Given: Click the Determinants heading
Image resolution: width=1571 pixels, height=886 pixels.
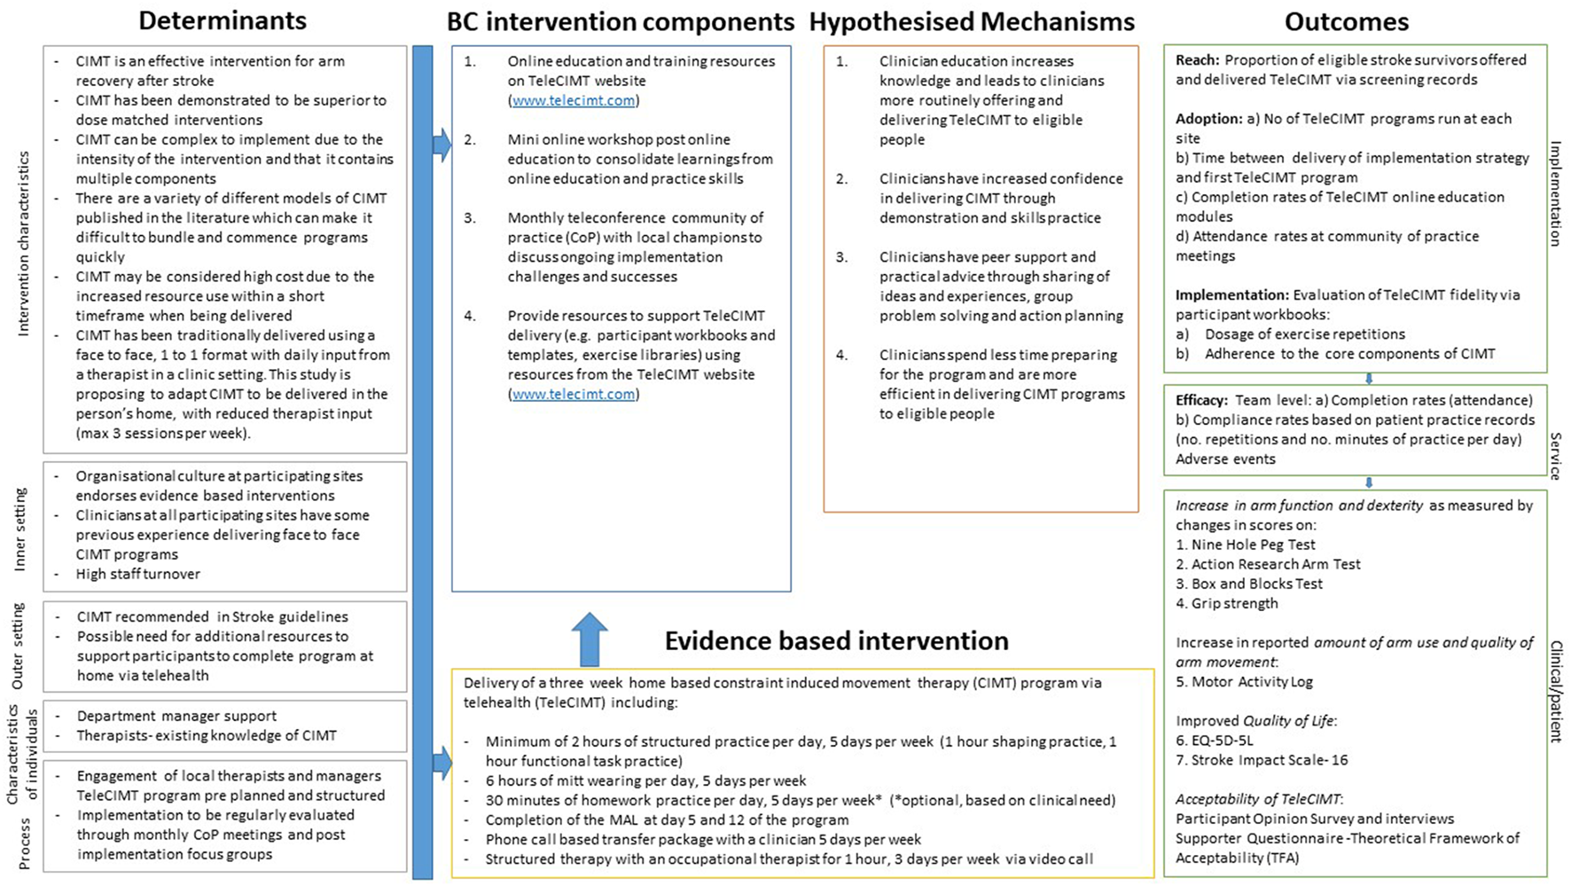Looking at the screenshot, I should coord(223,20).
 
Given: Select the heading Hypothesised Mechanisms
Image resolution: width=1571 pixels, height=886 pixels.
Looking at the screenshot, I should coord(972,21).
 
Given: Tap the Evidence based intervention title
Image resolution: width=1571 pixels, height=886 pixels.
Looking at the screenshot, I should coord(836,640).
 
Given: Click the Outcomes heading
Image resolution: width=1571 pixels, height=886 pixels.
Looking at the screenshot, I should coord(1346,21).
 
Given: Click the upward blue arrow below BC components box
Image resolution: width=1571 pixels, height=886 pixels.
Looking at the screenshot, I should coord(590,639).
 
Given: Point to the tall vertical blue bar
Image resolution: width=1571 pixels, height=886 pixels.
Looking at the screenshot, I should coord(423,461).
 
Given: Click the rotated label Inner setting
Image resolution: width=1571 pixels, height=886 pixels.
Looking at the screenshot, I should coord(20,529).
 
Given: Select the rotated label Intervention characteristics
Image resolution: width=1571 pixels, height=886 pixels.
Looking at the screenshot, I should coord(24,244).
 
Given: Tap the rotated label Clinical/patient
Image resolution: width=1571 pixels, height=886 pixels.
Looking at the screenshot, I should coord(1555,691).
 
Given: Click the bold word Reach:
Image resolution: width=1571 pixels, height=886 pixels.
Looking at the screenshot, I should coord(1197,60).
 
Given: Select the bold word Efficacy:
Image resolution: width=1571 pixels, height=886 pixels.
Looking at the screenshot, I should coord(1201,400).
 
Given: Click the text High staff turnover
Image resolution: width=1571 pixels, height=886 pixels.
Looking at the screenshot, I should coord(137,574).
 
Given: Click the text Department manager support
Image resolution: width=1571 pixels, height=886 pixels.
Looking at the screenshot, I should coord(176,716).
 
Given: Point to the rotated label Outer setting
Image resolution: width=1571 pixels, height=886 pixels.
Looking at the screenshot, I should coord(18,646).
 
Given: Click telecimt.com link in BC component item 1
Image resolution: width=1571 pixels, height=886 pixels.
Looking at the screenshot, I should coord(574,100).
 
